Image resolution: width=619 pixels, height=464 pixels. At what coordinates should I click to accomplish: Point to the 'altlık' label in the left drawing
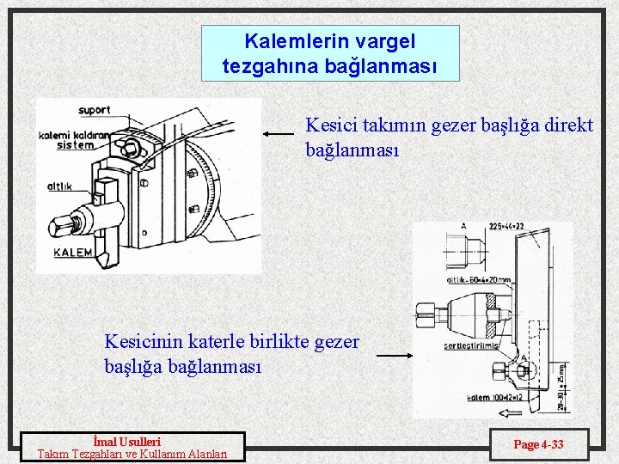tap(59, 186)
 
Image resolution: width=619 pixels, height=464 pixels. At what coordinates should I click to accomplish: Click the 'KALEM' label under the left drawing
tap(74, 253)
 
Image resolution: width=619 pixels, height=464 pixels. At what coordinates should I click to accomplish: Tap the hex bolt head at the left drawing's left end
tap(59, 225)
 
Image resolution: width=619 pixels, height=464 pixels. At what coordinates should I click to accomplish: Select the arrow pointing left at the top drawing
tap(279, 134)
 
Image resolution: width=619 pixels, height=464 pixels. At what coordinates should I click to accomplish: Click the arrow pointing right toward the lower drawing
tap(395, 355)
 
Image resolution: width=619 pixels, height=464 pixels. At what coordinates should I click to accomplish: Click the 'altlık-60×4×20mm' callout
tap(478, 279)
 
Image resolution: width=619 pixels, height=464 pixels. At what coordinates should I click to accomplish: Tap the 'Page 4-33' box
tap(538, 444)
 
